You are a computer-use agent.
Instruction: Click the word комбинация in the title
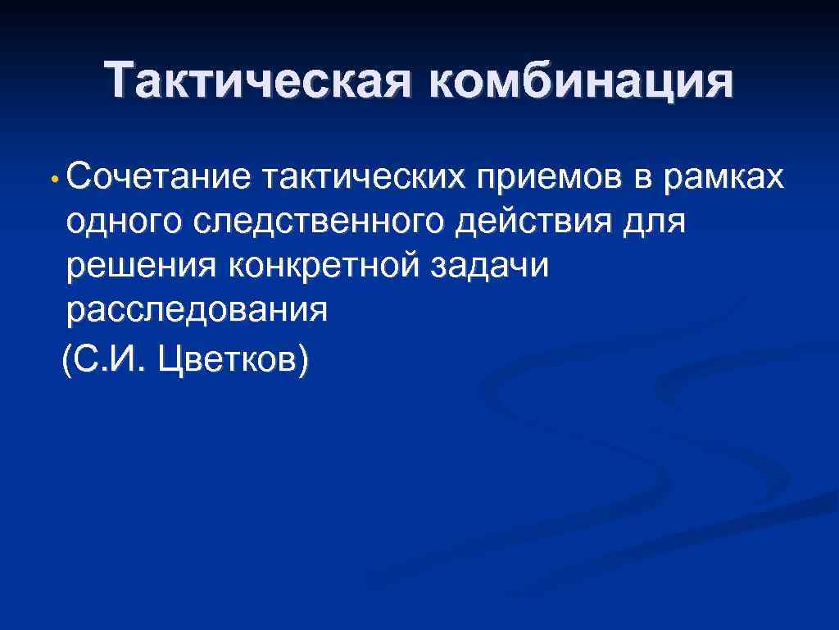(579, 82)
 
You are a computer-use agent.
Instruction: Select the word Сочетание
(161, 176)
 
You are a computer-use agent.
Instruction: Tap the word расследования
(197, 313)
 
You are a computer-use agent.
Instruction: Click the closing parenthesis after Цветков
(304, 358)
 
